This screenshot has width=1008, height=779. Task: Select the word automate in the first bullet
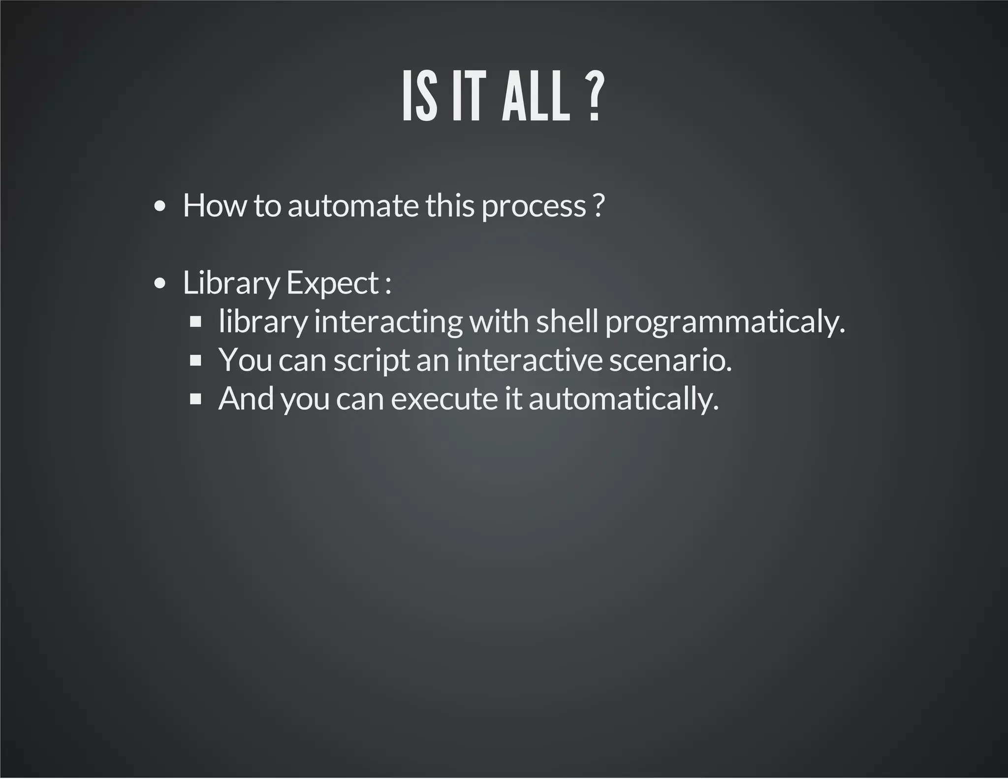tap(352, 205)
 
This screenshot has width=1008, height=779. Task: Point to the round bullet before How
tap(159, 207)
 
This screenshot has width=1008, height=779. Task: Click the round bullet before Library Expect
tap(159, 284)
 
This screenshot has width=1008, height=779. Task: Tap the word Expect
tap(332, 284)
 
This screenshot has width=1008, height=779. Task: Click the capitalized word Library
tap(231, 284)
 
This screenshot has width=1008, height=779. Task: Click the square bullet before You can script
tap(196, 360)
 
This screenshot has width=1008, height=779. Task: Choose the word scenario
tap(670, 360)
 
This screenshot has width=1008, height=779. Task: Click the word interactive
tap(529, 360)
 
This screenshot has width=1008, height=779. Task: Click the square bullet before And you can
tap(196, 399)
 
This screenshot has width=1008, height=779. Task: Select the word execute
tap(444, 399)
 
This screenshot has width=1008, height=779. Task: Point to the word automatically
tap(624, 399)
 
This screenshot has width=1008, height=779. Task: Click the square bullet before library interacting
tap(196, 322)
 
